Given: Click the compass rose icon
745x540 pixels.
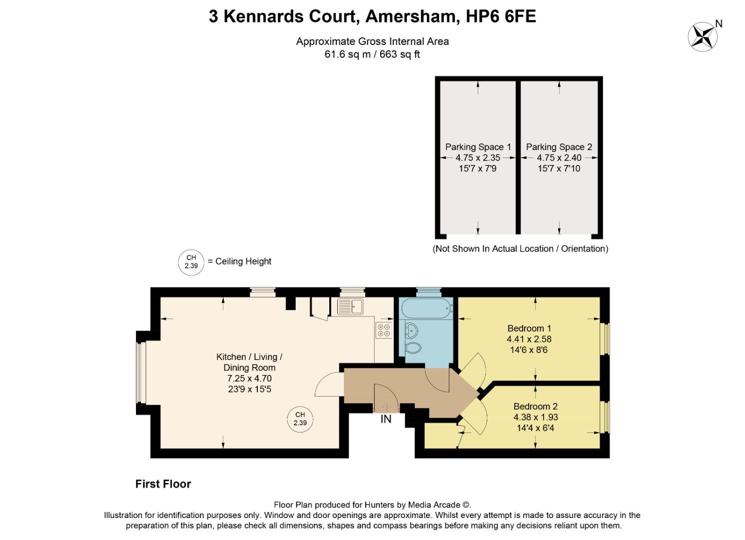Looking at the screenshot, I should click(702, 36).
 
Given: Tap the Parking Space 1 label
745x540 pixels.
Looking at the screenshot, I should click(478, 147).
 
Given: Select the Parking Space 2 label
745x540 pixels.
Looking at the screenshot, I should click(559, 147).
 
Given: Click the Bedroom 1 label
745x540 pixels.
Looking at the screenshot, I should click(529, 328).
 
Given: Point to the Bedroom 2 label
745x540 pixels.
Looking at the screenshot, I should click(535, 406).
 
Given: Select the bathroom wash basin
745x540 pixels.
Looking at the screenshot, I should click(412, 330).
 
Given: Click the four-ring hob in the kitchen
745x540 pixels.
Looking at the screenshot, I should click(384, 330).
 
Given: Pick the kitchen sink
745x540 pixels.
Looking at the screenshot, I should click(350, 306).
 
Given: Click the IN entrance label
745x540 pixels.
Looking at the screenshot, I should click(386, 419).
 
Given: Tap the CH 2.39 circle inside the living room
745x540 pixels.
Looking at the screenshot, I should click(300, 419).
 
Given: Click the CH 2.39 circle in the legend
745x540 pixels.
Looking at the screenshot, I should click(191, 262).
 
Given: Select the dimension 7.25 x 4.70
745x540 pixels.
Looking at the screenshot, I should click(249, 378).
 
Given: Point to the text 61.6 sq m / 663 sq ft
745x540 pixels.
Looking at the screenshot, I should click(372, 54).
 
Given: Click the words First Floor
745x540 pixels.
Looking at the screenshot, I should click(163, 484).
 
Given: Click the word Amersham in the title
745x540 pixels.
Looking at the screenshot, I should click(413, 16).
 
